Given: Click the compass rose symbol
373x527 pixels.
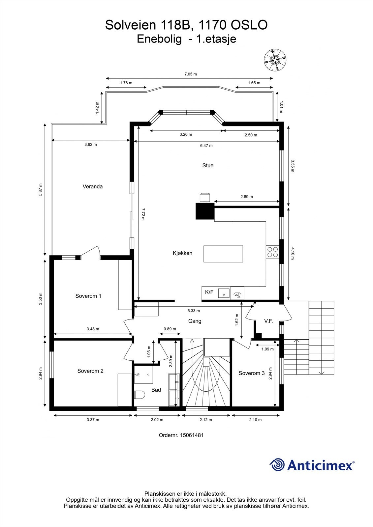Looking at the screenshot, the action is [x=275, y=60].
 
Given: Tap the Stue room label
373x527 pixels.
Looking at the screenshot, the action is [x=208, y=165].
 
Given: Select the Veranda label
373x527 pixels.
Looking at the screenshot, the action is [x=93, y=186].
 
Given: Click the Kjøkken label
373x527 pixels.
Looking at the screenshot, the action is [x=182, y=253].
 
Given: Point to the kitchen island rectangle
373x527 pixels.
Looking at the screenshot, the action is [x=223, y=254].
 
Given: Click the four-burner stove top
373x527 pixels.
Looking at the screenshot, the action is [x=273, y=252].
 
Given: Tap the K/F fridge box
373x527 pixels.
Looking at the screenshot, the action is [x=209, y=293].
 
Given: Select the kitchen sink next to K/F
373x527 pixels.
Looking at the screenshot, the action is [x=224, y=293].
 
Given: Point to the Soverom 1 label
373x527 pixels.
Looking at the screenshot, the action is [x=88, y=296].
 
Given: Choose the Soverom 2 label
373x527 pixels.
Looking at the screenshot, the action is [x=90, y=371].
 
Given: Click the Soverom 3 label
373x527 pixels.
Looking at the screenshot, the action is [x=251, y=373].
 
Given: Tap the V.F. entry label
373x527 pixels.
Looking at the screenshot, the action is [x=268, y=321].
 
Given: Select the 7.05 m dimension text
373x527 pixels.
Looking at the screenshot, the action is [x=190, y=74].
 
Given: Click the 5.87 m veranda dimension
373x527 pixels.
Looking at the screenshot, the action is [x=41, y=189].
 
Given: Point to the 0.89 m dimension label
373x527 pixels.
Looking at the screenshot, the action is [x=170, y=329].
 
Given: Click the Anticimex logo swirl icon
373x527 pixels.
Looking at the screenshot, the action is [x=277, y=465].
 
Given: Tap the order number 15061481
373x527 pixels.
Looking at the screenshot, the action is [x=192, y=435].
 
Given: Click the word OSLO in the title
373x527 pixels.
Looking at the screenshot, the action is [x=249, y=25].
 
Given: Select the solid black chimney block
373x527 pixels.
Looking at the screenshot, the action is [x=205, y=211].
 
